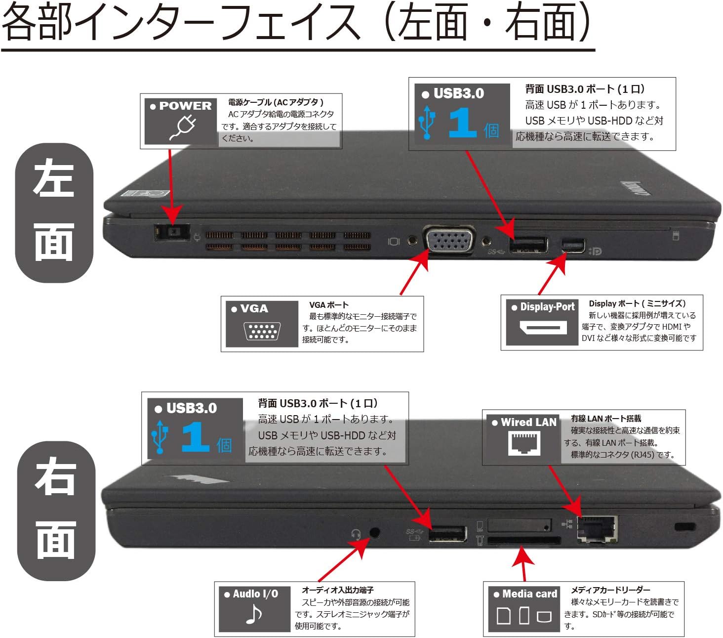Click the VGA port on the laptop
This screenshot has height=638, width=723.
click(449, 241)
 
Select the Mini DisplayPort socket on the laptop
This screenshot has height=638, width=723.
click(573, 245)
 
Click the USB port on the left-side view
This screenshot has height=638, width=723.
click(528, 245)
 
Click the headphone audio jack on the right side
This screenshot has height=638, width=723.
click(375, 532)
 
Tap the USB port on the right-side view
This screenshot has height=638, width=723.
click(447, 534)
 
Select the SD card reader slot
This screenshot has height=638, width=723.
click(524, 541)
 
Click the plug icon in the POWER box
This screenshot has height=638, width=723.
click(183, 127)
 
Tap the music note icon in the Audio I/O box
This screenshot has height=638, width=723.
click(253, 614)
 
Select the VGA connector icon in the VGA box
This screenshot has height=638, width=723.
click(262, 331)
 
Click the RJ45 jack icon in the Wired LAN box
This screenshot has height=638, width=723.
click(524, 442)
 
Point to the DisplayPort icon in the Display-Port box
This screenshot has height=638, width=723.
click(543, 327)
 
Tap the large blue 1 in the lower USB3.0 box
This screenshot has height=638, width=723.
click(195, 437)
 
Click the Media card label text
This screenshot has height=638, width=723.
click(529, 594)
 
